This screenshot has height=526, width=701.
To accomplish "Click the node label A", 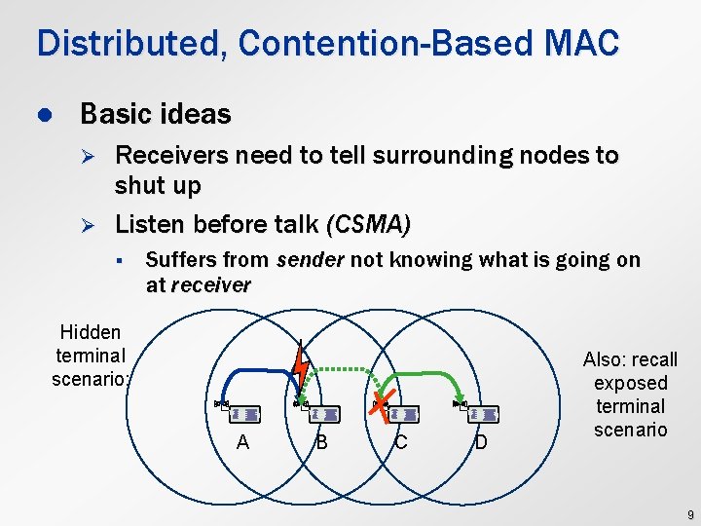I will tap(242, 442).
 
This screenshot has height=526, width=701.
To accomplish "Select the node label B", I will tap(321, 442).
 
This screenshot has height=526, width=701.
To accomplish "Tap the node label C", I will tap(400, 442).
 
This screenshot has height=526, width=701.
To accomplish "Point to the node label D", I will tap(480, 443).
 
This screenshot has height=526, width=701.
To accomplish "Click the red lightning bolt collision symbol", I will tap(301, 368).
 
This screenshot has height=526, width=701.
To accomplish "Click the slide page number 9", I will tap(688, 513).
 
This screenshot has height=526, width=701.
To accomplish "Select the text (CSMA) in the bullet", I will tap(368, 224).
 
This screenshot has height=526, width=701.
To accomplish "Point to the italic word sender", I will tap(310, 260).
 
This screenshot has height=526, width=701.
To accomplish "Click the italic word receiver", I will tap(210, 285).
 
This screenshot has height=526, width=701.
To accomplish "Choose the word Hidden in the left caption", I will tap(90, 331).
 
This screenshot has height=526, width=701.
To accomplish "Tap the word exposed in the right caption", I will tap(630, 383).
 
